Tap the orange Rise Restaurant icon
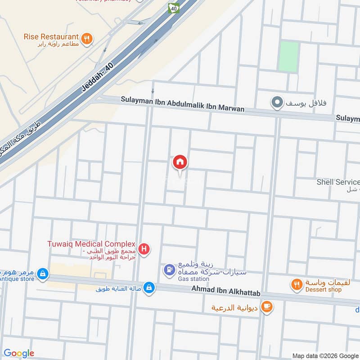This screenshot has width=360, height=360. coord(88,38)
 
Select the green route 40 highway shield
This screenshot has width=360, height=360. coord(173,8)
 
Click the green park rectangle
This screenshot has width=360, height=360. coord(288,57)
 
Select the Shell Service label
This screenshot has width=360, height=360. coord(338,182)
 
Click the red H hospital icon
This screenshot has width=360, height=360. coord(144,248)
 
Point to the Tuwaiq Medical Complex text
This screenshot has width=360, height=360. coord(91,244)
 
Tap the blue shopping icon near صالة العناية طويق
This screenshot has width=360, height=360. coord(149,288)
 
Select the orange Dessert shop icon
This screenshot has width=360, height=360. coord(296,284)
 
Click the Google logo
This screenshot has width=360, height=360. coord(19,353)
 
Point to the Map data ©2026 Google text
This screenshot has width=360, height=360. coord(325,355)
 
